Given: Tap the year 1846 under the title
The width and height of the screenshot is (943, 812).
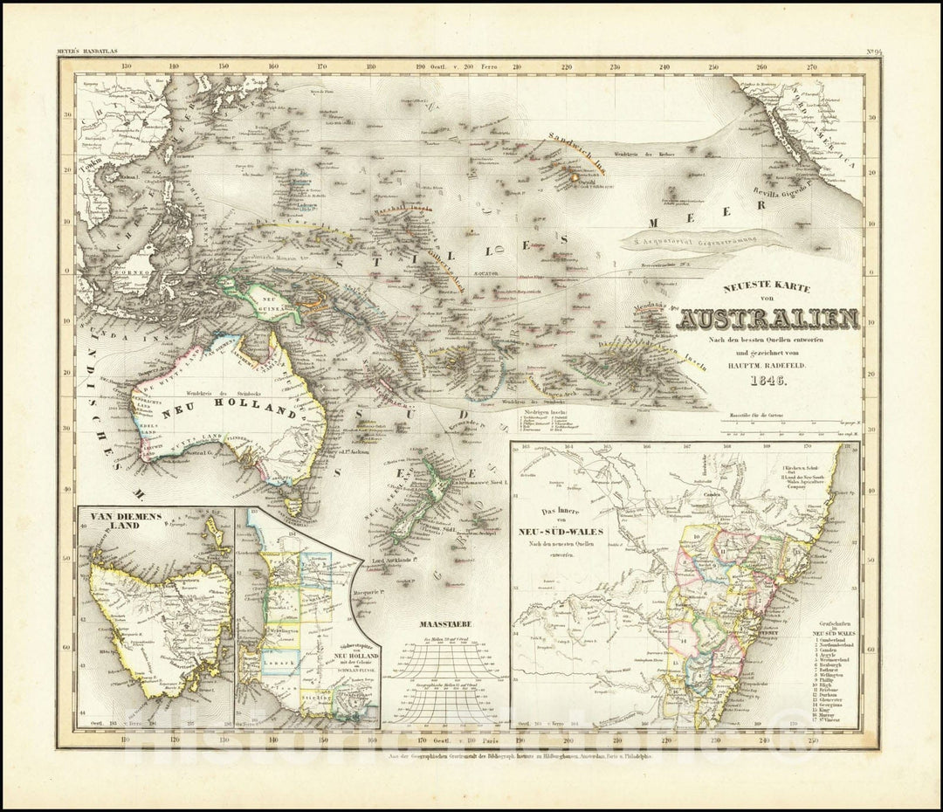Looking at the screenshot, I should [767, 381].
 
